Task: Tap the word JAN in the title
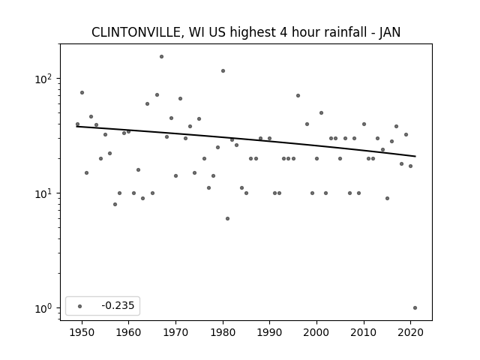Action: point(390,32)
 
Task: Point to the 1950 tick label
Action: point(82,333)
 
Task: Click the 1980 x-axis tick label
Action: point(223,333)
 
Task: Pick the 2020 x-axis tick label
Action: point(411,333)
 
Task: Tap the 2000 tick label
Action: point(316,333)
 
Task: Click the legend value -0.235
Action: point(118,305)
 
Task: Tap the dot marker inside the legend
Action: point(80,306)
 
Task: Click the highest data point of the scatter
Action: point(162,57)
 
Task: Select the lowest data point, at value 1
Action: point(415,308)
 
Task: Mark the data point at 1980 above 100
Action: point(223,71)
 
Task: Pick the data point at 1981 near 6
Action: point(227,218)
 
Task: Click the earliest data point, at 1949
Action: point(77,124)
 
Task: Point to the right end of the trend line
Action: point(415,157)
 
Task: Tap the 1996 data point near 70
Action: point(298,96)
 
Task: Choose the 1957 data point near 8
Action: point(115,205)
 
